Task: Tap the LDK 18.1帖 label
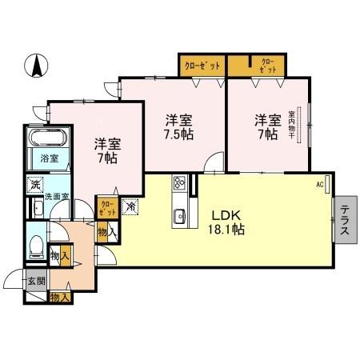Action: (x=227, y=222)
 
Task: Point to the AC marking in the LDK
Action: (x=319, y=185)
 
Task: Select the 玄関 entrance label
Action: (x=36, y=281)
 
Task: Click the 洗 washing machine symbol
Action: (x=36, y=186)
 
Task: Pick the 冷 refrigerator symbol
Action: (x=131, y=206)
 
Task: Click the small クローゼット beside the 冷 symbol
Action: (x=106, y=208)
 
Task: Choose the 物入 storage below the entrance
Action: (x=59, y=298)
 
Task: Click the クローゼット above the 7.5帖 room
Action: (x=202, y=66)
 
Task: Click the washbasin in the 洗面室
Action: (x=37, y=210)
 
